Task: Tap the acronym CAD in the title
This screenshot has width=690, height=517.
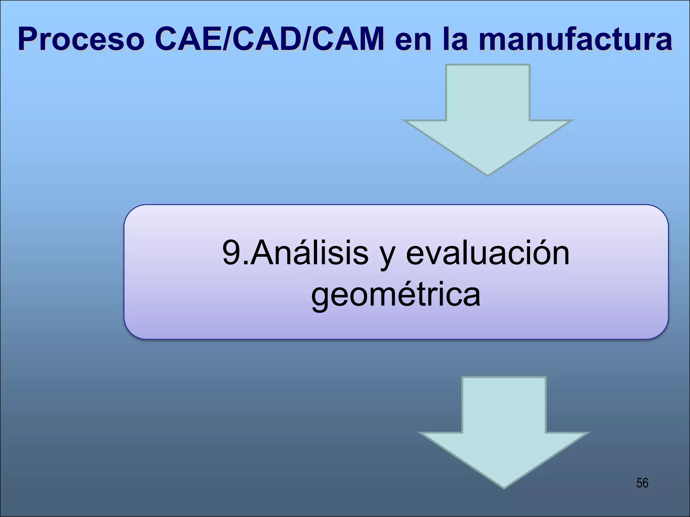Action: [266, 40]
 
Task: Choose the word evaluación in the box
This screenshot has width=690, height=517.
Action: [488, 253]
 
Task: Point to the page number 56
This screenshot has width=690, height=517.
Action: [642, 483]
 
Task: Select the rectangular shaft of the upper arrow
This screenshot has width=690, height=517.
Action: [488, 93]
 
